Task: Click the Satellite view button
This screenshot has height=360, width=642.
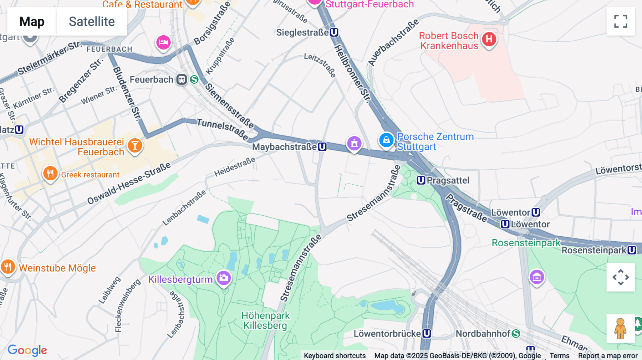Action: (92, 22)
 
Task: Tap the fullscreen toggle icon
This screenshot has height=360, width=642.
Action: (621, 21)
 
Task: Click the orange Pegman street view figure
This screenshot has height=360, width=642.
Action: (620, 328)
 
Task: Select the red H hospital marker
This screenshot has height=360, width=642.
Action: (489, 39)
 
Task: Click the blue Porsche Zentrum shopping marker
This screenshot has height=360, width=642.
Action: (386, 140)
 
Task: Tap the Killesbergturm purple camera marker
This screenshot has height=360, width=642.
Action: (224, 278)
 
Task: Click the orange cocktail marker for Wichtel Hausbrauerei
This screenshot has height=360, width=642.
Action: (135, 145)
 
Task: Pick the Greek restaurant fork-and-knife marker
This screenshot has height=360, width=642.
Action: (50, 174)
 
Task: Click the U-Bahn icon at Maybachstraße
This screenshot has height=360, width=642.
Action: (322, 146)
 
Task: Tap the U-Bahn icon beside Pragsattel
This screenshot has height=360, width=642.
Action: (421, 180)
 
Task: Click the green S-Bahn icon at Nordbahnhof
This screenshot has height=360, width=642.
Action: (516, 334)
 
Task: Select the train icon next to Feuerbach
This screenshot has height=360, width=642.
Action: (182, 79)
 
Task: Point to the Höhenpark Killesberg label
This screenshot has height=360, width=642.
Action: (265, 320)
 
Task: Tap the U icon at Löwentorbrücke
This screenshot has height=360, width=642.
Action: (427, 334)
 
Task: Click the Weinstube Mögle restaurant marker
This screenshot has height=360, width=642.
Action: (7, 267)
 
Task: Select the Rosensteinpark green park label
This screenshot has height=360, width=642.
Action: (526, 243)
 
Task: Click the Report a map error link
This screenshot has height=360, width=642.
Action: (607, 355)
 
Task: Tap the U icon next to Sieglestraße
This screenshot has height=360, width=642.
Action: (334, 32)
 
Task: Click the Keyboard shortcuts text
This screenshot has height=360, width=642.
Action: (335, 355)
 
